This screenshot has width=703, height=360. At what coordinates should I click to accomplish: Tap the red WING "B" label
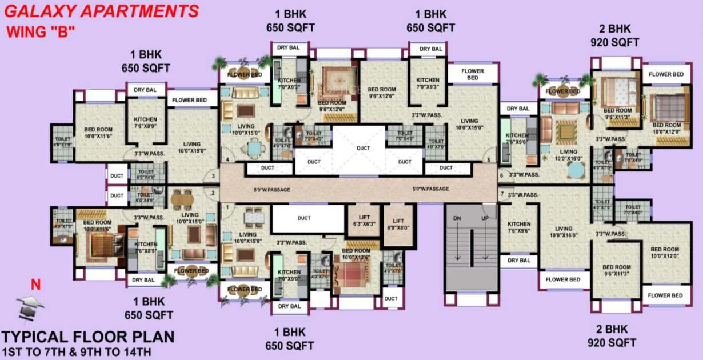(41, 32)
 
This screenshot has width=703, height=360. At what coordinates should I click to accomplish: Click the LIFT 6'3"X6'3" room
(361, 220)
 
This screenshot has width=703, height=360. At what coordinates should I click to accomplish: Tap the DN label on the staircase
(457, 219)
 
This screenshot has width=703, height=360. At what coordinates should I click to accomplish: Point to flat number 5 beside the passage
(489, 159)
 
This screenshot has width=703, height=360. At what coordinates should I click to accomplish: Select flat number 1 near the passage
(227, 206)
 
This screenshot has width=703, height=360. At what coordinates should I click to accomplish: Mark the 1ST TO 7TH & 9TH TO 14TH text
(76, 351)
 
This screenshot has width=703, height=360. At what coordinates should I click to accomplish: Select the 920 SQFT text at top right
(615, 42)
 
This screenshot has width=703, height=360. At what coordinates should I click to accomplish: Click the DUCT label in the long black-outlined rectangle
(303, 218)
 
